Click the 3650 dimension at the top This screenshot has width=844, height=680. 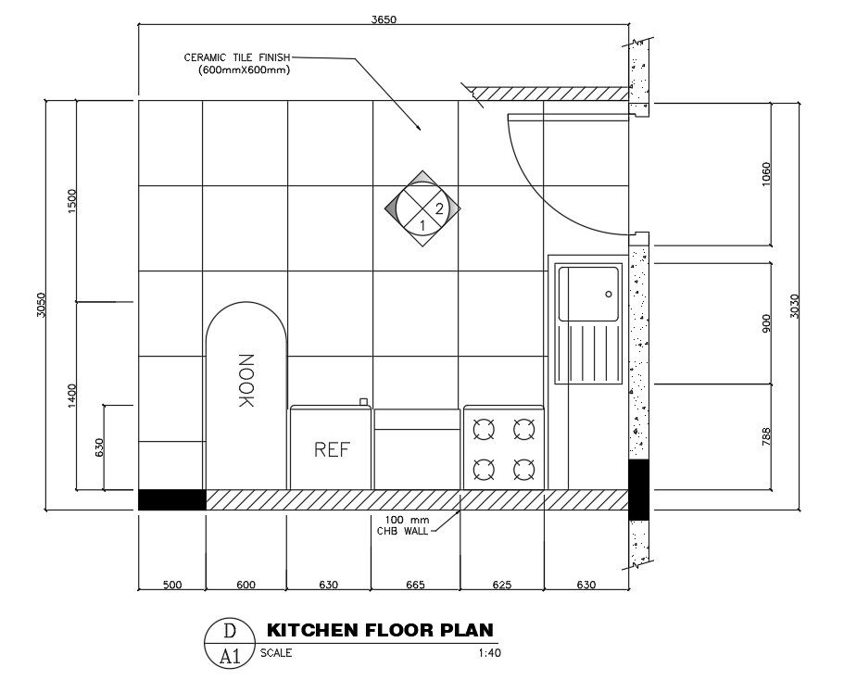[383, 19]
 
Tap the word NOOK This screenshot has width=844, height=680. [246, 381]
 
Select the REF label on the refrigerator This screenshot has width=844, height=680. [332, 450]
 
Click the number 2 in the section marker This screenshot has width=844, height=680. [439, 209]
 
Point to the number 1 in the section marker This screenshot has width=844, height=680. [422, 225]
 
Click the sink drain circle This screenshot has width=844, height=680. [609, 294]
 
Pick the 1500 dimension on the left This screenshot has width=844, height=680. [72, 201]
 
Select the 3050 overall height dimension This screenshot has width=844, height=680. [41, 305]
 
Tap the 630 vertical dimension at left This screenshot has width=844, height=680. [99, 447]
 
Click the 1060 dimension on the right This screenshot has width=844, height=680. [765, 173]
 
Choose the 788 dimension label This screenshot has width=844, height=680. [765, 436]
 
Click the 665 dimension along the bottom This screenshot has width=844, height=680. [415, 585]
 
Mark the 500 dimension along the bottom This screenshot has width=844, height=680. [171, 585]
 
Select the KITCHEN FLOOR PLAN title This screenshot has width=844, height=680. [380, 631]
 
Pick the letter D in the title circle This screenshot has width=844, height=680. [228, 631]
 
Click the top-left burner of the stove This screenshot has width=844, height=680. [484, 429]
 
